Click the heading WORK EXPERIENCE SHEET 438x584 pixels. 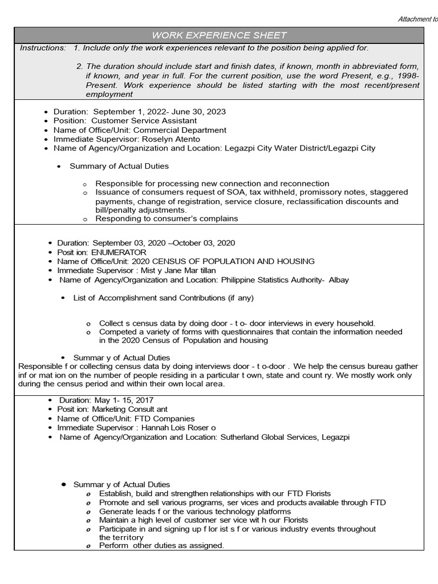click(x=219, y=35)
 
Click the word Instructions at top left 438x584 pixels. click(x=43, y=48)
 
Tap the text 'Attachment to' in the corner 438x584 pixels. click(x=417, y=19)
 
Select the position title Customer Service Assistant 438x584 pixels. click(x=144, y=121)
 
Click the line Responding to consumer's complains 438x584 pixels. click(x=167, y=218)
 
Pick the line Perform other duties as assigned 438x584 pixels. click(x=161, y=546)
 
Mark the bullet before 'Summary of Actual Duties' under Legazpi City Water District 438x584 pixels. click(x=59, y=167)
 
